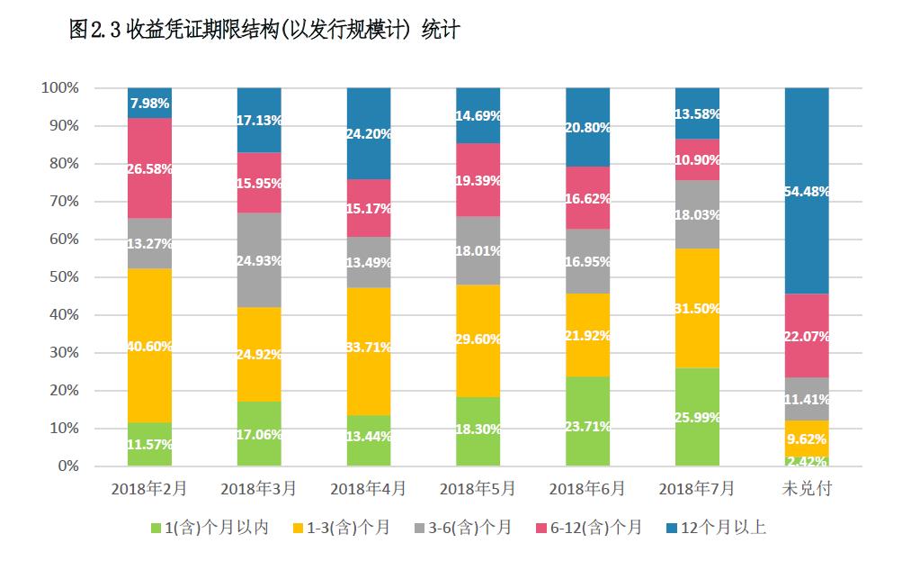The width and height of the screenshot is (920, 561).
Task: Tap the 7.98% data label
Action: pos(149,103)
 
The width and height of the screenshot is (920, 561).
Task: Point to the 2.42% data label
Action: pos(807,461)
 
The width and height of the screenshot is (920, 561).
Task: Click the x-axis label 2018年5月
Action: pos(478,489)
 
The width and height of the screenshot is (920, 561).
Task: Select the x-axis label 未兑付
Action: pos(807,489)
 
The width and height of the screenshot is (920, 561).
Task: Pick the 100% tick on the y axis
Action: pos(60,88)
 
